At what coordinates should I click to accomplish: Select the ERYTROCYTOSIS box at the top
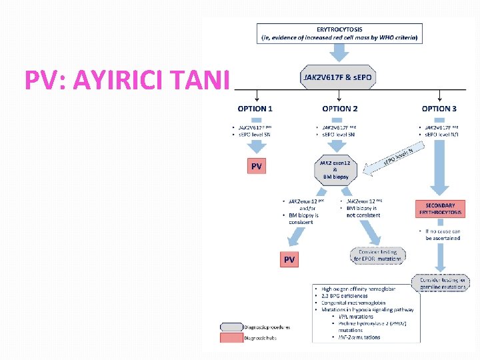[x=341, y=33]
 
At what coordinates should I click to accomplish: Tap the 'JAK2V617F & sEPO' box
[x=340, y=78]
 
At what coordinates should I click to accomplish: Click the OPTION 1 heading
[x=255, y=108]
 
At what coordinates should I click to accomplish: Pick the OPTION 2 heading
[x=340, y=108]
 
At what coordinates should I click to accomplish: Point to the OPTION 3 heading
[x=439, y=108]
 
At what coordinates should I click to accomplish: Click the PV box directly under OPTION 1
[x=256, y=167]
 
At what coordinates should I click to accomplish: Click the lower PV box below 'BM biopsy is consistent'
[x=289, y=259]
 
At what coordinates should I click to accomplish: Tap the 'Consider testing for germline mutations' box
[x=441, y=283]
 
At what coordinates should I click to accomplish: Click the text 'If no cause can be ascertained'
[x=443, y=234]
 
